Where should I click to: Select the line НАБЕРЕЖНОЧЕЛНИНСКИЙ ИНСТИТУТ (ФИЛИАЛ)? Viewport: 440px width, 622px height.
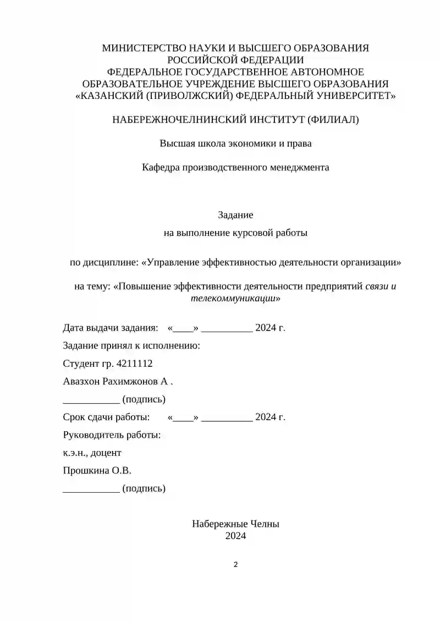(x=235, y=119)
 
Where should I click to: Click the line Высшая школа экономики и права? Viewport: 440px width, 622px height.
(x=235, y=144)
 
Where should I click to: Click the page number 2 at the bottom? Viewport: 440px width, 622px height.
(x=235, y=564)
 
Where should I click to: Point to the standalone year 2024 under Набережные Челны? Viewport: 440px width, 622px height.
(x=235, y=535)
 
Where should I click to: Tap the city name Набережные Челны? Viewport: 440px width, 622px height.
(x=235, y=524)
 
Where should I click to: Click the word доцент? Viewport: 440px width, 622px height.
(x=106, y=453)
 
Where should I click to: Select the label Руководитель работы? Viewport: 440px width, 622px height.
(x=112, y=435)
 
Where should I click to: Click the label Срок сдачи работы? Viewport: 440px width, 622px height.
(x=107, y=417)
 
